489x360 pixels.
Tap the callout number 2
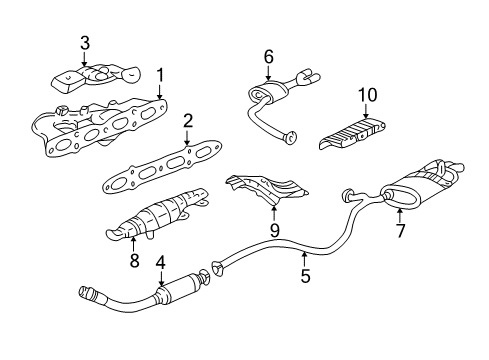tap(188, 121)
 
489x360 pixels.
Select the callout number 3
tap(85, 42)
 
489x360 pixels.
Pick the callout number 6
tap(268, 57)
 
